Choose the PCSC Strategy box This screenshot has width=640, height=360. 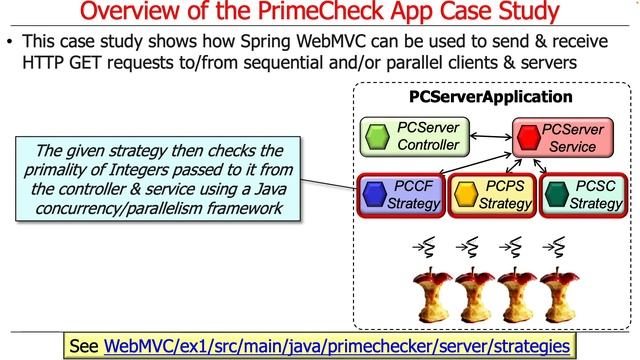click(x=581, y=195)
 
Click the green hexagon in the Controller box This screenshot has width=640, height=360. click(x=376, y=137)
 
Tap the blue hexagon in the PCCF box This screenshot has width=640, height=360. click(x=374, y=194)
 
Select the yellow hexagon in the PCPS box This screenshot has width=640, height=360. click(x=464, y=194)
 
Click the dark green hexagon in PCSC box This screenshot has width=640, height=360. click(x=555, y=194)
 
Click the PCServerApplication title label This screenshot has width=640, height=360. click(x=491, y=97)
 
